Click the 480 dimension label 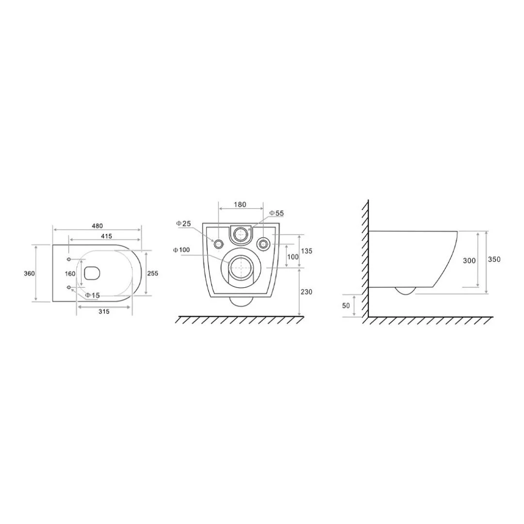click(x=97, y=226)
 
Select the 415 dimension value click(x=106, y=236)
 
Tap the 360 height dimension click(x=30, y=273)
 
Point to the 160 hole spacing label click(x=70, y=274)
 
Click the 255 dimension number click(x=153, y=273)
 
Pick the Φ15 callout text click(x=92, y=295)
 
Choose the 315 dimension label click(x=104, y=311)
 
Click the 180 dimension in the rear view click(x=240, y=205)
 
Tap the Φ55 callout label click(x=277, y=213)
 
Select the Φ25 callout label click(x=184, y=223)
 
